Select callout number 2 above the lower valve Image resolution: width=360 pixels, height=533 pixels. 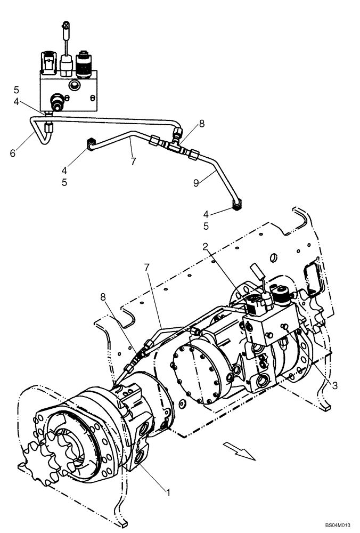click(206, 247)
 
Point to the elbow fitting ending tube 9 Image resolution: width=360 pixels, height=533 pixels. click(238, 203)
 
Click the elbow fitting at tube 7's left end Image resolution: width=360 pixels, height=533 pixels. click(91, 143)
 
